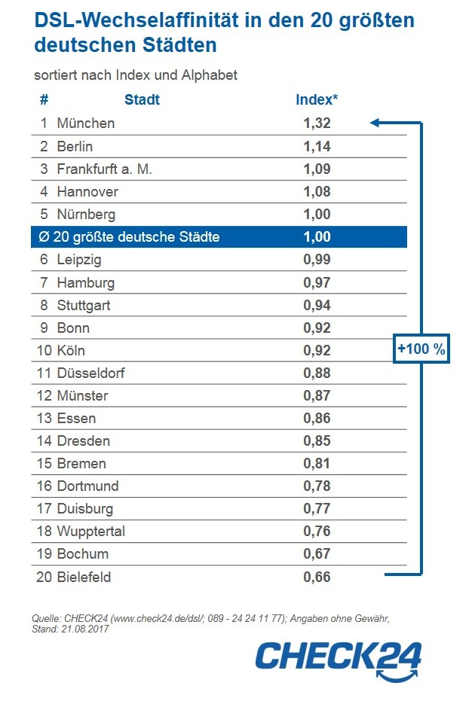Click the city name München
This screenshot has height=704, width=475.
[86, 123]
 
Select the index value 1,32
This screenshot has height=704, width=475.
[317, 123]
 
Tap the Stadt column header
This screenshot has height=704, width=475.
[142, 99]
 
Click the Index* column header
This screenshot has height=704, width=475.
[317, 99]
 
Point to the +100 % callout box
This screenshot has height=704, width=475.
[421, 349]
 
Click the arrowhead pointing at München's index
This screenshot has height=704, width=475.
[375, 123]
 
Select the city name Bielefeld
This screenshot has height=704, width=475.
[84, 577]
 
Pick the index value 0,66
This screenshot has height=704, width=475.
[317, 577]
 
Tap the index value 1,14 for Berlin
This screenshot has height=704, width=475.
[317, 146]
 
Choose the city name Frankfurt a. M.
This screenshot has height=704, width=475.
[104, 169]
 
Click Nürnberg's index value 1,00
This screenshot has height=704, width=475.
[317, 214]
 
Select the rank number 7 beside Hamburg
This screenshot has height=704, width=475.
[44, 282]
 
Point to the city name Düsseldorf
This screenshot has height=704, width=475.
[90, 373]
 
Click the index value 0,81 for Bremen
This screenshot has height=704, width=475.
[317, 463]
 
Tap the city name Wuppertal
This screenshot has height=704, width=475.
[90, 531]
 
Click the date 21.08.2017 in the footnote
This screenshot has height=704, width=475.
[85, 629]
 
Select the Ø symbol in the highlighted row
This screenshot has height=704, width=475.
[44, 236]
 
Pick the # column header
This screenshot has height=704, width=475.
[44, 99]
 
